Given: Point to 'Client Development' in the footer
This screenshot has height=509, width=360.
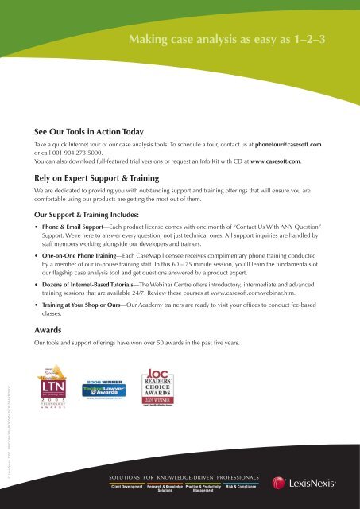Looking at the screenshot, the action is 132,487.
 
